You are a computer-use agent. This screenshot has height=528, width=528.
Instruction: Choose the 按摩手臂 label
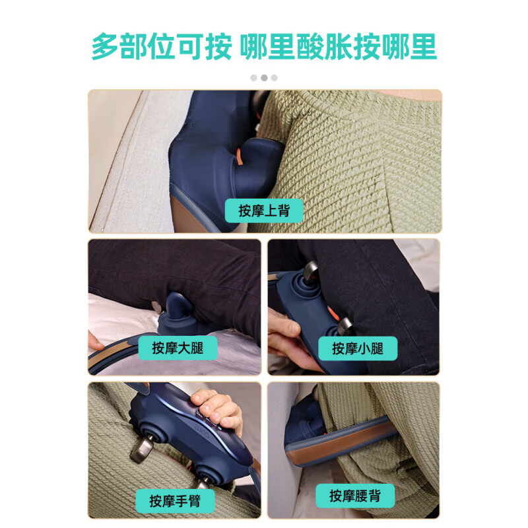[175, 500]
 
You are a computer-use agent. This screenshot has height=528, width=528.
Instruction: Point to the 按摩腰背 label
[354, 495]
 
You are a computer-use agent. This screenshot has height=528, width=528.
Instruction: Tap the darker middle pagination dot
[264, 77]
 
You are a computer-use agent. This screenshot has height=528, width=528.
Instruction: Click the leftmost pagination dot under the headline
[253, 77]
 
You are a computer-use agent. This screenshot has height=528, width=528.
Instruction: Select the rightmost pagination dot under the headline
[275, 77]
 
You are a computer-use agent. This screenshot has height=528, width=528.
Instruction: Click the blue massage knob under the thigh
[176, 310]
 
